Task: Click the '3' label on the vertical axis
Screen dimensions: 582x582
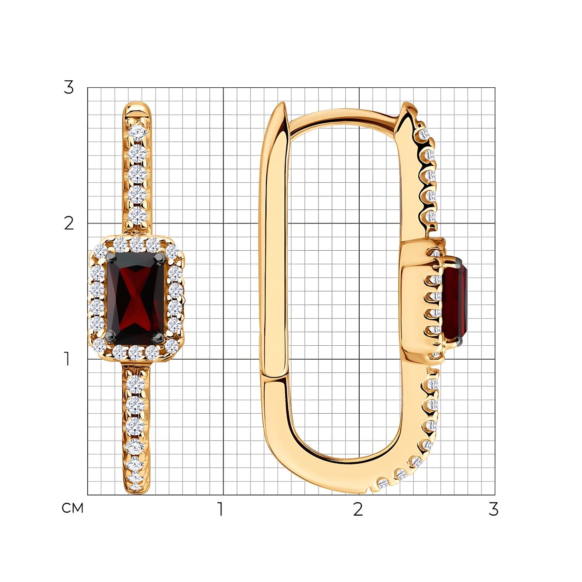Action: point(69,87)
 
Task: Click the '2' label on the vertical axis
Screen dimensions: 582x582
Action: point(69,223)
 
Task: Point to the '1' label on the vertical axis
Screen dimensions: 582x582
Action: point(68,359)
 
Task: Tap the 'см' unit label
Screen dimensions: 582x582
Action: point(73,508)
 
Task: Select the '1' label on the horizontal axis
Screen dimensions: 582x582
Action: point(220,509)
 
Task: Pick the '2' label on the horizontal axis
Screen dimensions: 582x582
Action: point(358,509)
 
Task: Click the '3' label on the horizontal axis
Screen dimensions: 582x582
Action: point(494,509)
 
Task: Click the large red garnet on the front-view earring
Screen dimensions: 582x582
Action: point(136,298)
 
